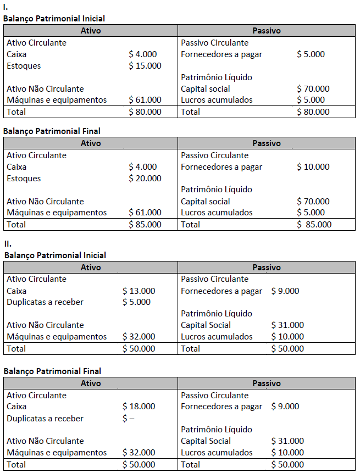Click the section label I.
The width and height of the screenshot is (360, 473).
pos(5,7)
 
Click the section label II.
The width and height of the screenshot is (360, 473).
pos(7,243)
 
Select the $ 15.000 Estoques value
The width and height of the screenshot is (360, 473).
pos(145,66)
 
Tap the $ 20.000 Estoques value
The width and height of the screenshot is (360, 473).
pos(145,179)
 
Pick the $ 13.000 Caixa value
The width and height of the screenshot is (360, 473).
pos(139,291)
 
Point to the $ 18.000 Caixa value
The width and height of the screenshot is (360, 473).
pos(139,407)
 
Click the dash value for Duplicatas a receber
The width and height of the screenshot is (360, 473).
pos(129,419)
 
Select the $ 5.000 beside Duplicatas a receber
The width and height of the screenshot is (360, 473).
pos(136,302)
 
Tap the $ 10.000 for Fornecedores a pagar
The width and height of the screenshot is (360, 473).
pos(313,167)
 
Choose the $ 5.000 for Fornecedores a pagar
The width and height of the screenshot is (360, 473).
pos(311,54)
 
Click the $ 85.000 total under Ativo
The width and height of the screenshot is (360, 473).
pos(145,224)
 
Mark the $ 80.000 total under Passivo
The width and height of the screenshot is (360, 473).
pos(313,112)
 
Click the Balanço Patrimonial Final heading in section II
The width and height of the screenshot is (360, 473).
pos(52,371)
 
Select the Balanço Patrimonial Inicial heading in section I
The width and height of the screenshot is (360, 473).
pos(54,19)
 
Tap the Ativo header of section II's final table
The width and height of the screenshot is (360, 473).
pos(91,383)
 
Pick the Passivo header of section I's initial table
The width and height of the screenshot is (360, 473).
pos(267,31)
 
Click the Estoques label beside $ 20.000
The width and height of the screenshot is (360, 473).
pos(24,179)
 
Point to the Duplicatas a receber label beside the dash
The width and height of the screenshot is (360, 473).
pos(45,419)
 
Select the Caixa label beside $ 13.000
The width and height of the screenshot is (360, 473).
pos(16,291)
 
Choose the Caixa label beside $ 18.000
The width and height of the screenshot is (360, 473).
pos(16,407)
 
